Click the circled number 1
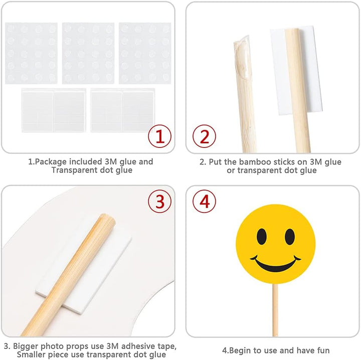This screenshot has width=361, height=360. pos(159,136)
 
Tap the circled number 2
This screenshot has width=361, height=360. pos(204,136)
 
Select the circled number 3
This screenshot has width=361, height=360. pos(159,201)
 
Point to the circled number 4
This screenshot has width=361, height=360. pos(204,201)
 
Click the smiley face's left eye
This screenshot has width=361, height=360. pos(262,236)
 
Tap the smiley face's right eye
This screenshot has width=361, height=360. pos(290,236)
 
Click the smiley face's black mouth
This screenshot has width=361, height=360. pos(275,264)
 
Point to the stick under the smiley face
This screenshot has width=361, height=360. pos(275,310)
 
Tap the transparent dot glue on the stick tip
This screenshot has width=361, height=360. pos(242,56)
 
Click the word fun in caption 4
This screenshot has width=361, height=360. pos(323,350)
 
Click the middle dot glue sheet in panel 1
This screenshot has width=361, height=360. pos(88,53)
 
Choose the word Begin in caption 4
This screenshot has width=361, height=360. pos(240,350)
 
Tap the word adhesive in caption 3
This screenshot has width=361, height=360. pos(139,346)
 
